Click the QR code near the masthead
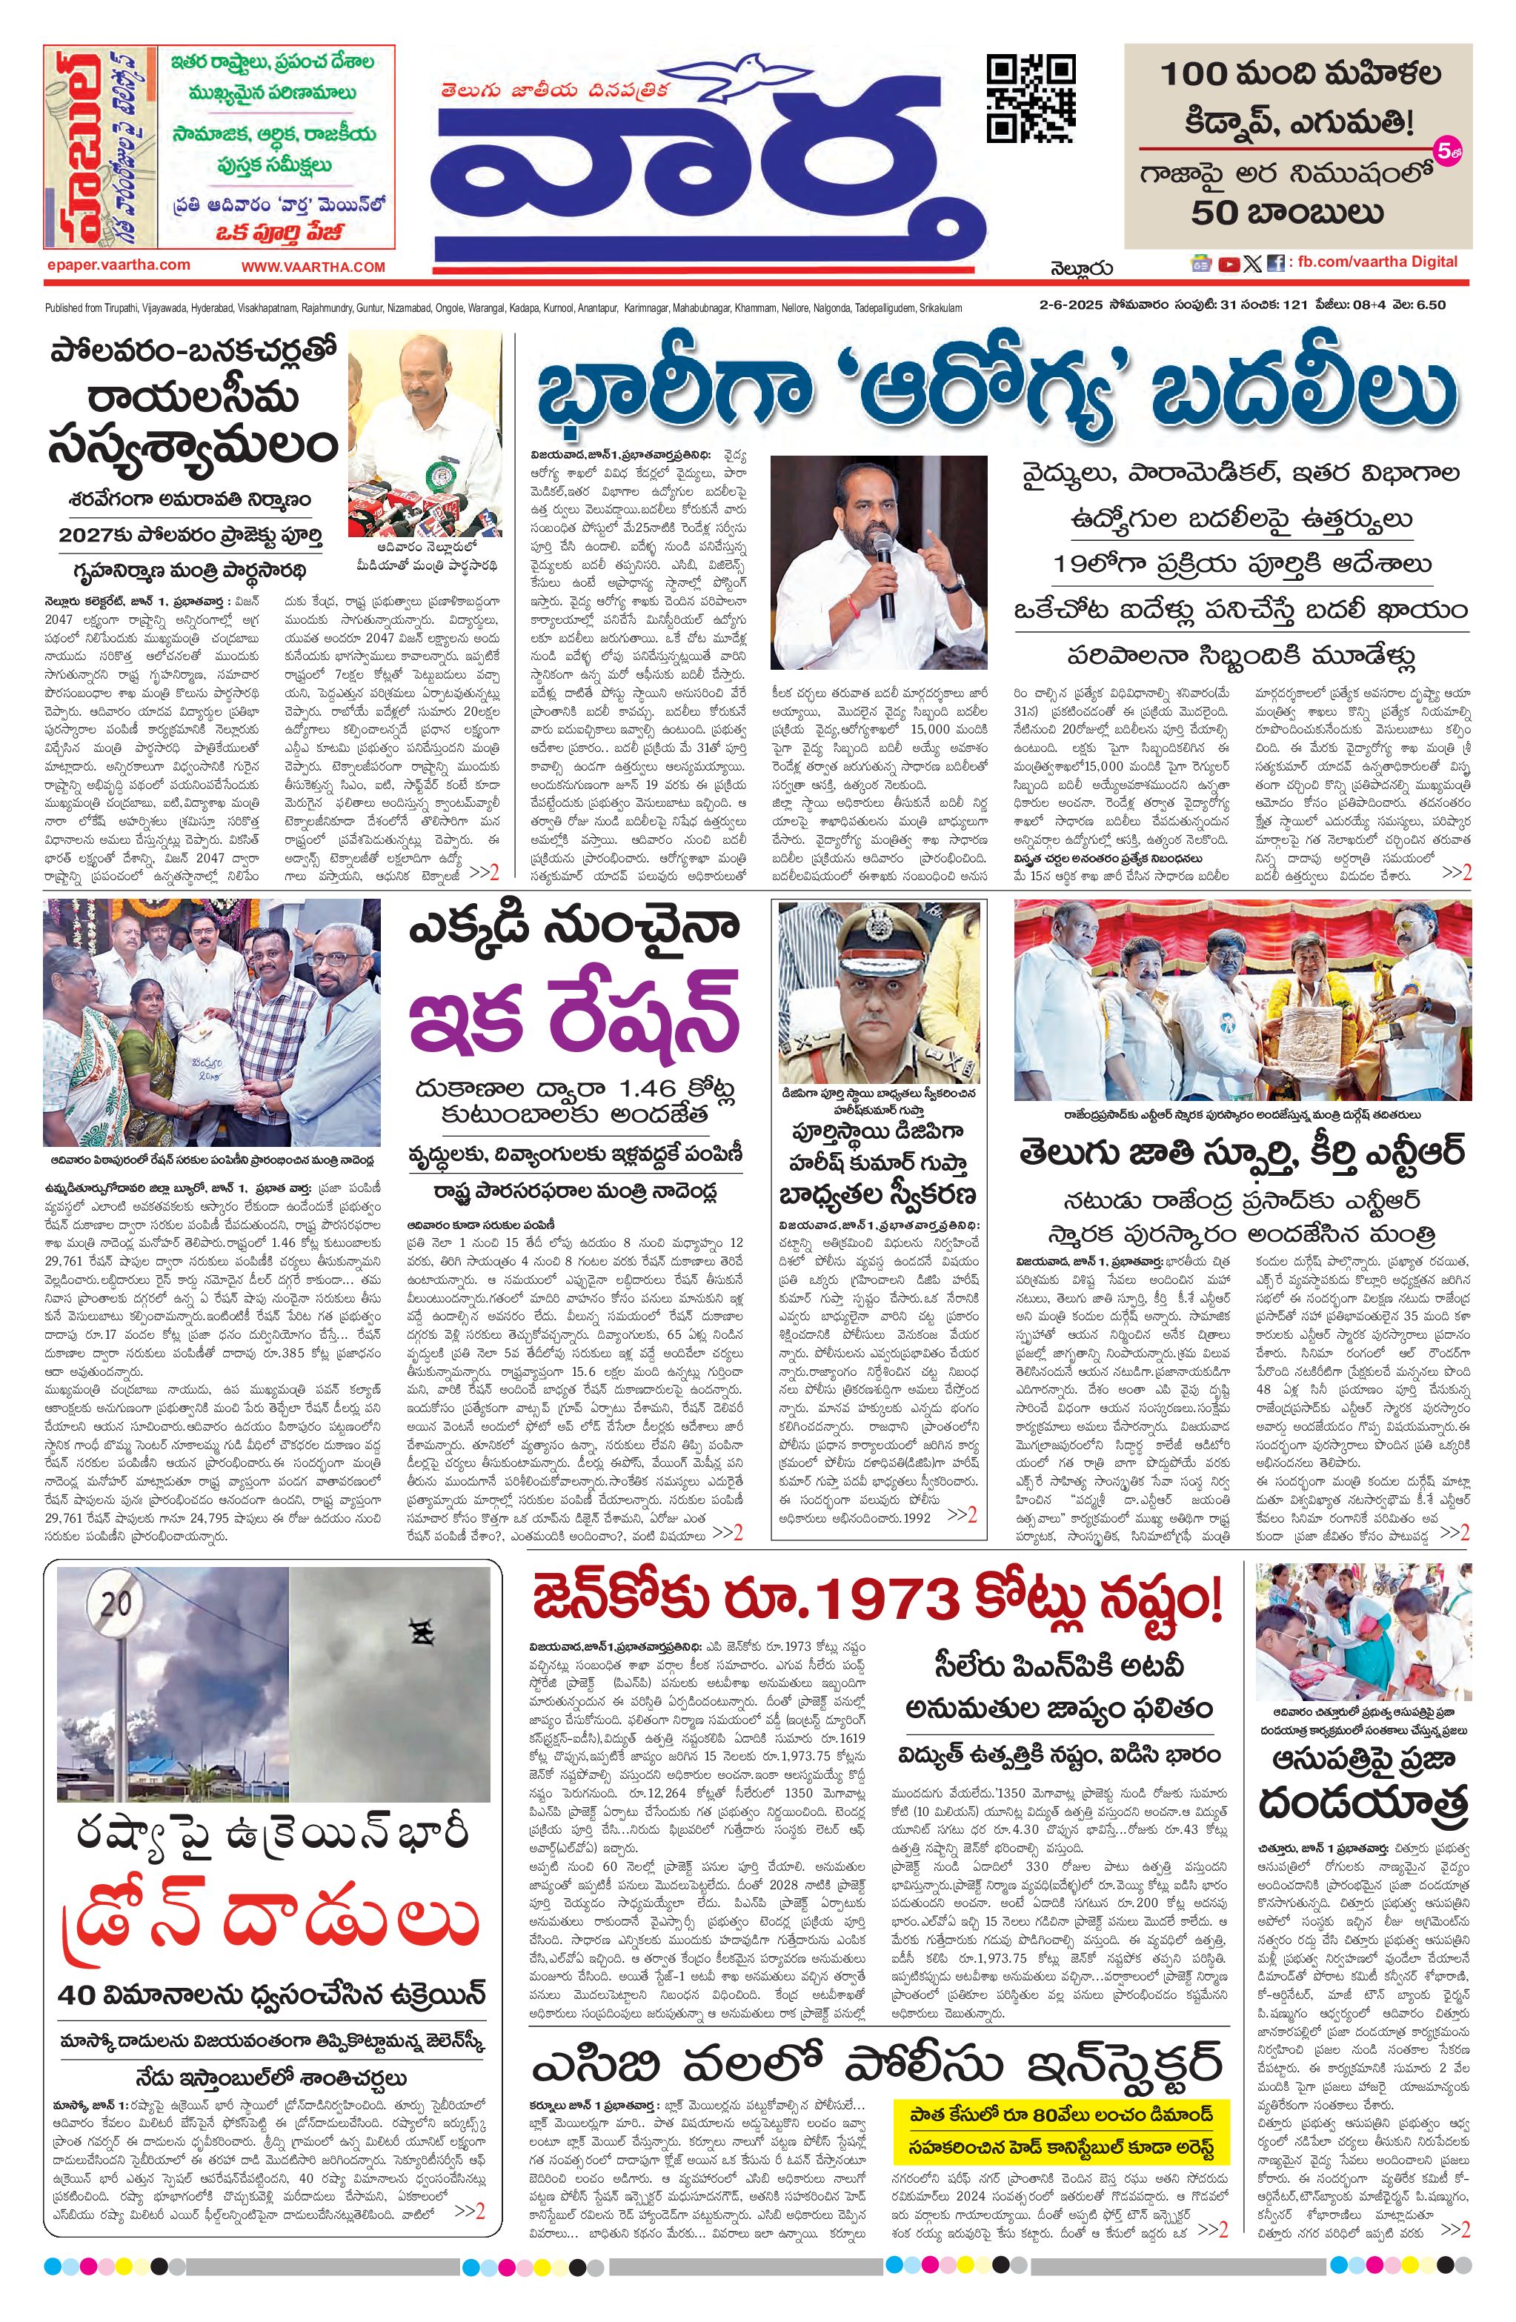pos(1031,99)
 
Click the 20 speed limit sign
pos(114,1601)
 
